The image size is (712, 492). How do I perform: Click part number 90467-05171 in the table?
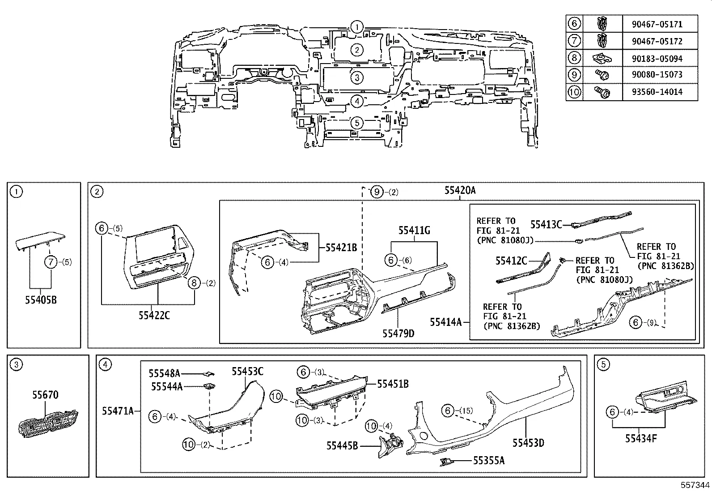pos(660,24)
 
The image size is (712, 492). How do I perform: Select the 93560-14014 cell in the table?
pos(660,92)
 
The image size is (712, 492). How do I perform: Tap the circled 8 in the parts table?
pos(574,58)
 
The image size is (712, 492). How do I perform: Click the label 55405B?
pos(41,300)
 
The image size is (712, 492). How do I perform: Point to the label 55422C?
pos(154,316)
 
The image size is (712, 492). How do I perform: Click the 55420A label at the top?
pos(460,190)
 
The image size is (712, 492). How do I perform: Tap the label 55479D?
pos(398,334)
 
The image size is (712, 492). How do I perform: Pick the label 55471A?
pos(118,411)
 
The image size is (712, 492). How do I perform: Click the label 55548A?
pos(164,373)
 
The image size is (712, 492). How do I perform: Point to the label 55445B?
pos(342,445)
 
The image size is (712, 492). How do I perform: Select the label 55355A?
pos(488,461)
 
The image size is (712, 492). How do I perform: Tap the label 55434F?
pos(641,438)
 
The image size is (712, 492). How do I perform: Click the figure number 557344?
pos(695,485)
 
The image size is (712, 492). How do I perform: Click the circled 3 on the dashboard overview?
pos(356,78)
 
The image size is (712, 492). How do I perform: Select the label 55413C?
pos(546,224)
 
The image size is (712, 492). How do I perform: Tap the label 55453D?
pos(528,443)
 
